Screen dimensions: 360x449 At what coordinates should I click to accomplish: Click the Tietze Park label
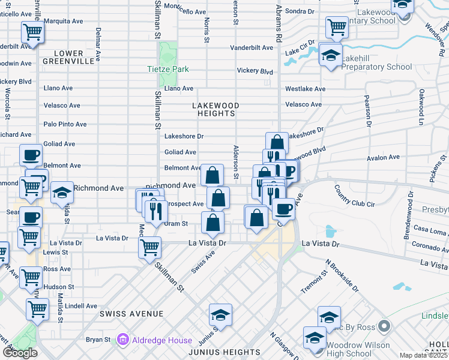click(x=168, y=69)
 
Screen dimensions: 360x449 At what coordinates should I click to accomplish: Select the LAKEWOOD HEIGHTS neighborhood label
click(x=215, y=109)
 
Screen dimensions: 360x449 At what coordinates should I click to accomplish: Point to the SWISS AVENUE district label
click(x=131, y=314)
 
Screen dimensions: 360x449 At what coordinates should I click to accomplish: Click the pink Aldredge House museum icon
click(x=123, y=340)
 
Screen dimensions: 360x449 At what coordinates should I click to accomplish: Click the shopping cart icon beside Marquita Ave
click(x=32, y=32)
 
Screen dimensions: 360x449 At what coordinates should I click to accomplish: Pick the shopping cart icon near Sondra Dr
click(x=337, y=26)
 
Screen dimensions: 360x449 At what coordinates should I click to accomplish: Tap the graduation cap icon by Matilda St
click(x=61, y=192)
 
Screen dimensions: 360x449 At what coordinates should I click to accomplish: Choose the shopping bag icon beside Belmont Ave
click(x=212, y=175)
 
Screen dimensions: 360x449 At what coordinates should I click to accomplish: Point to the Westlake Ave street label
click(x=305, y=89)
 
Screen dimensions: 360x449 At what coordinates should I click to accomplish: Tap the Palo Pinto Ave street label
click(x=65, y=124)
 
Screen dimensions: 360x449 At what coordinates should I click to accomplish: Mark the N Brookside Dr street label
click(x=342, y=275)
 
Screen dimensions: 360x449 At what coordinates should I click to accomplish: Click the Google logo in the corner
click(x=20, y=353)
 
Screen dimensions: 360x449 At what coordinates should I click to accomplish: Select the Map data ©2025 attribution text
click(x=423, y=355)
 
